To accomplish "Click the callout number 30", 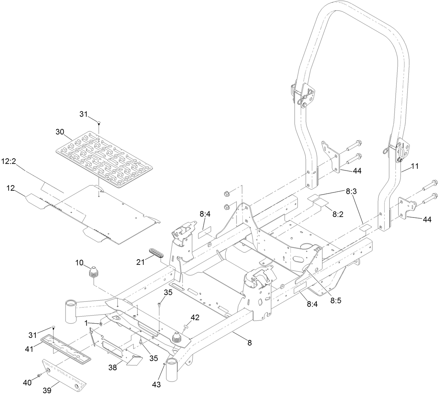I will click(60, 132).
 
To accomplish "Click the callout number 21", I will click(140, 262).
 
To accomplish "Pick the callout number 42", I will click(195, 317).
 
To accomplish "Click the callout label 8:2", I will click(338, 215).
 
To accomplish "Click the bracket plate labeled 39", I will click(65, 374).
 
